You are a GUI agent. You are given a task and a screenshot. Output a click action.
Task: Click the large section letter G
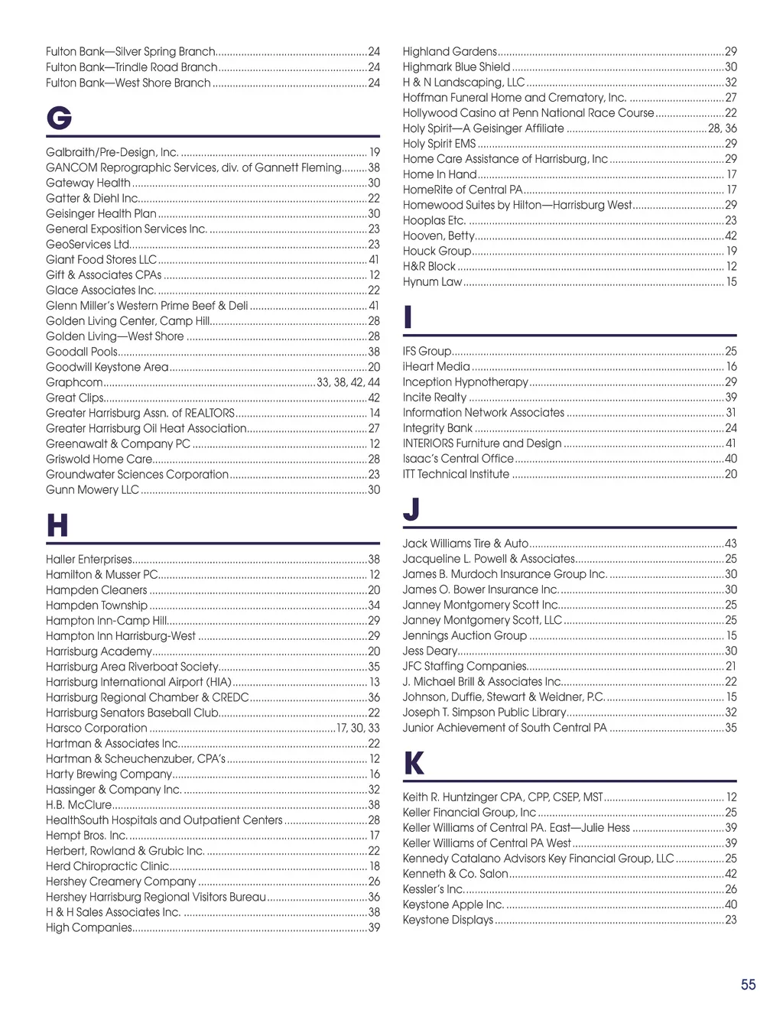pyautogui.click(x=59, y=119)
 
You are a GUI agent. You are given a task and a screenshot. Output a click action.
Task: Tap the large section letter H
pyautogui.click(x=57, y=526)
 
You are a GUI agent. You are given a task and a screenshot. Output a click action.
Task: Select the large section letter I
pyautogui.click(x=408, y=317)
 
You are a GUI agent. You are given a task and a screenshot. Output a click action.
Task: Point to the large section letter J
pyautogui.click(x=411, y=509)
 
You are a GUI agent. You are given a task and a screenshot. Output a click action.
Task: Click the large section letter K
pyautogui.click(x=414, y=763)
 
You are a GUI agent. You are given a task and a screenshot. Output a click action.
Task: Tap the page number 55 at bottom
pyautogui.click(x=748, y=985)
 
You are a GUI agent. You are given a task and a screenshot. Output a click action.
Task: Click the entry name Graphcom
pyautogui.click(x=74, y=382)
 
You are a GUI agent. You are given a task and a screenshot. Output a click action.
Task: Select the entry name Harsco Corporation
pyautogui.click(x=96, y=728)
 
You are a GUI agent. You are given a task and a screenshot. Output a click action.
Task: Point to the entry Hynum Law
pyautogui.click(x=432, y=281)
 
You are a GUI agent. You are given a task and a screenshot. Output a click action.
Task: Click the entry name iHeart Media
pyautogui.click(x=436, y=366)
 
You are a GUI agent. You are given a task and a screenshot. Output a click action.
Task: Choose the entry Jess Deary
pyautogui.click(x=430, y=651)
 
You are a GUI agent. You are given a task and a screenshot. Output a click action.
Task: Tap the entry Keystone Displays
pyautogui.click(x=447, y=920)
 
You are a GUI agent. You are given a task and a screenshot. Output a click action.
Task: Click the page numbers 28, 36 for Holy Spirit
pyautogui.click(x=723, y=128)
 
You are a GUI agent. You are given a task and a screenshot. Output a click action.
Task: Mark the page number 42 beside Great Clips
pyautogui.click(x=374, y=398)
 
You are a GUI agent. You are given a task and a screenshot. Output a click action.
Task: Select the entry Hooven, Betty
pyautogui.click(x=438, y=235)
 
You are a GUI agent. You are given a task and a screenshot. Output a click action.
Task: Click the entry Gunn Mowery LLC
pyautogui.click(x=93, y=489)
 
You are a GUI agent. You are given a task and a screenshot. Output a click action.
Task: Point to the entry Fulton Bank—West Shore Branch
pyautogui.click(x=128, y=83)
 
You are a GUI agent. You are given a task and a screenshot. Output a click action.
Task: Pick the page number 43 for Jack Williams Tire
pyautogui.click(x=730, y=544)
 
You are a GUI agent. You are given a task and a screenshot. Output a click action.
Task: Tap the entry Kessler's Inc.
pyautogui.click(x=433, y=889)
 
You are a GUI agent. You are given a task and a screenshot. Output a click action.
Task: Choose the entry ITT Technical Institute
pyautogui.click(x=456, y=474)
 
